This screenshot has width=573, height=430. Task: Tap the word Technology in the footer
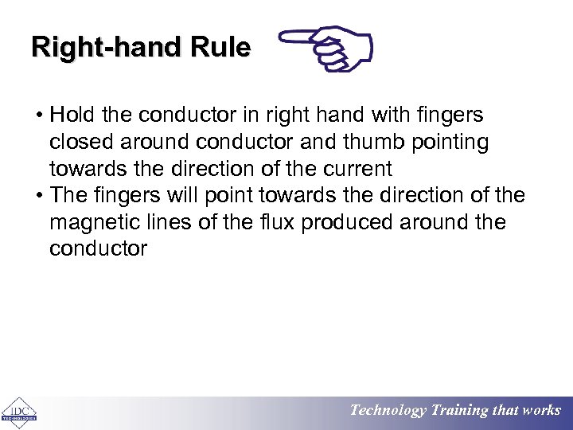tap(388, 411)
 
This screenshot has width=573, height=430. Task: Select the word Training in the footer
tap(459, 411)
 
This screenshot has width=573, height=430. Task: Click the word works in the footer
tap(541, 411)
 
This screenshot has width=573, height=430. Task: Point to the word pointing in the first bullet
tap(450, 142)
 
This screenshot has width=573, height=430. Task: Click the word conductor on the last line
tap(98, 248)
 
